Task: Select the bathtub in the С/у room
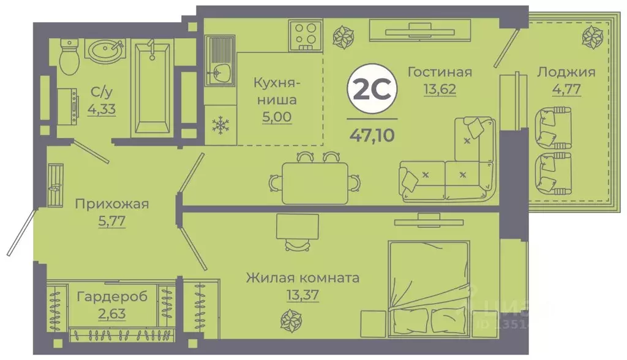coord(151,88)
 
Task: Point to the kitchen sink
coord(219,73)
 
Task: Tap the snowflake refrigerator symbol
coord(219,126)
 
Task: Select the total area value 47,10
coord(372,132)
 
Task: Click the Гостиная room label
coord(440,72)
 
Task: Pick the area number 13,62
coord(440,88)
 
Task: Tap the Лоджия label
coord(566,72)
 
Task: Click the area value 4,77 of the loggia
coord(566,88)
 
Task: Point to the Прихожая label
coord(111,204)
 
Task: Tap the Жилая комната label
coord(302,278)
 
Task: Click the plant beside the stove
coord(340,36)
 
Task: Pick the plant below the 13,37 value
coord(288,319)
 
